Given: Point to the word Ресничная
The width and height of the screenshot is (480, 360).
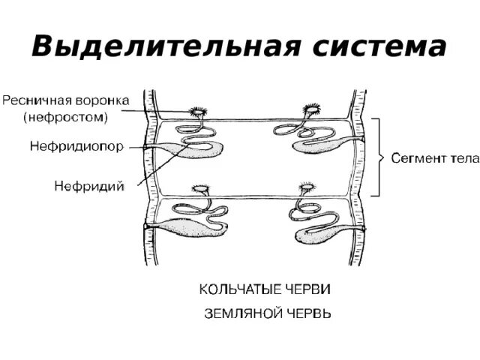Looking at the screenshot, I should click(35, 100).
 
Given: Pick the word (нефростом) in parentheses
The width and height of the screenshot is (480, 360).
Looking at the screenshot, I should click(65, 116).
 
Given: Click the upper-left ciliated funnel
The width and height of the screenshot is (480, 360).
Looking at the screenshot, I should click(199, 112).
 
